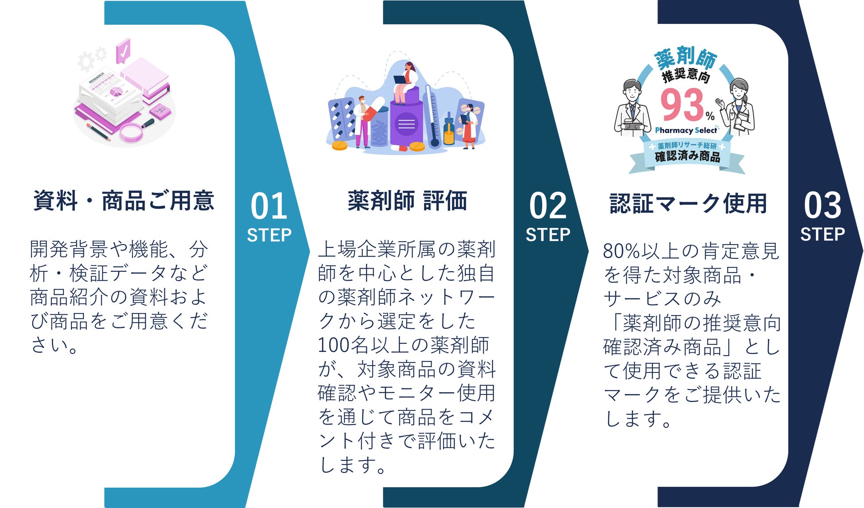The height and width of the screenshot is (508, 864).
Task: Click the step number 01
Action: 269,206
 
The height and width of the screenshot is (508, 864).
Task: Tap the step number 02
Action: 548,206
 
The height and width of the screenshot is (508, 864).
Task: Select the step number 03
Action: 822,206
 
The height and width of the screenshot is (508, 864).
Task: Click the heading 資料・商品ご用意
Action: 124,201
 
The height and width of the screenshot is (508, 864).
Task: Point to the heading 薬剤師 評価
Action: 407,201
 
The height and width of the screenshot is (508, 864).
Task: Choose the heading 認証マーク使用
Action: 688,203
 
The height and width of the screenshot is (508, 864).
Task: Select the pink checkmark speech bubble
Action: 123,51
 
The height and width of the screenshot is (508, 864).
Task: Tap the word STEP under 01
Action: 269,235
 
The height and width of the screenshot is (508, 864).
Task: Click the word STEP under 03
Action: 822,234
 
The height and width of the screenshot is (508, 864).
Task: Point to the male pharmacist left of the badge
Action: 632,109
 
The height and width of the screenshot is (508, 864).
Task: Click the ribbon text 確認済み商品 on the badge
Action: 687,156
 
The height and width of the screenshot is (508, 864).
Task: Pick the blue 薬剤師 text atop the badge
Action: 685,58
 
